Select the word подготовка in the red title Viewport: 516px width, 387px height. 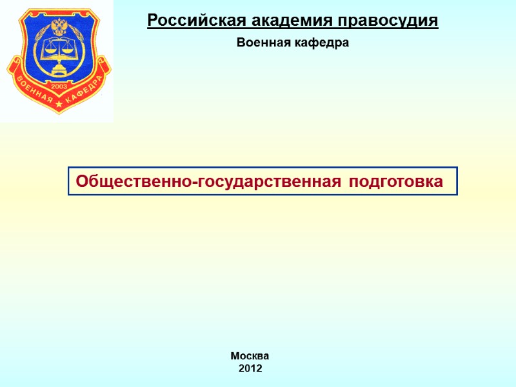[396, 182]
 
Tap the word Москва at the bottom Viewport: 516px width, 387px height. [250, 356]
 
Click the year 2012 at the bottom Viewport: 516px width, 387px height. [250, 369]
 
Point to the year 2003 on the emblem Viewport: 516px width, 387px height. [59, 85]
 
